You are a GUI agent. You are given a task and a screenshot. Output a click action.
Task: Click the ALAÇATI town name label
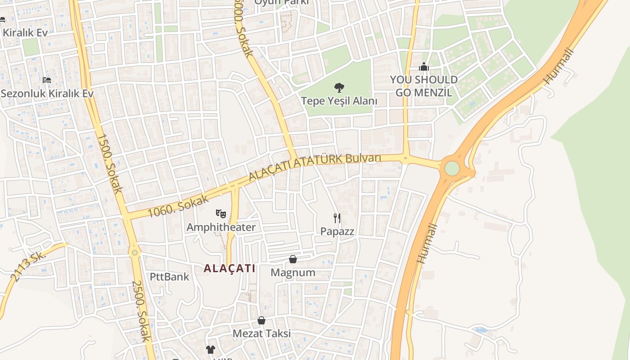(229, 269)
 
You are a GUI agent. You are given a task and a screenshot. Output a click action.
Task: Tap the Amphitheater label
(220, 227)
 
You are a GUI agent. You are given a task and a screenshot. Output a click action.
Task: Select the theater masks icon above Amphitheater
(220, 213)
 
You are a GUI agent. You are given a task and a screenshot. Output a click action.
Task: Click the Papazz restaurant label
(337, 232)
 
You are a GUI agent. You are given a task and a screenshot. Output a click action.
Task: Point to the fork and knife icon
(337, 218)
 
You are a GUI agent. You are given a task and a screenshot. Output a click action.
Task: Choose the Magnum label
(293, 273)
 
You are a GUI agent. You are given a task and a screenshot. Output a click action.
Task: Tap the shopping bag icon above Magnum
(293, 259)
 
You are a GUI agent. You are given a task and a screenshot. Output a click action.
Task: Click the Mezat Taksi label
(261, 333)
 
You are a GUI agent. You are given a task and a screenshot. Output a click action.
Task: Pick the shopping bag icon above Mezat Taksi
(261, 320)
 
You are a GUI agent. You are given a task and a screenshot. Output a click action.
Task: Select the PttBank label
(170, 276)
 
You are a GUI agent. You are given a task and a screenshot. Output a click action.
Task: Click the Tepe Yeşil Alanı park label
(339, 101)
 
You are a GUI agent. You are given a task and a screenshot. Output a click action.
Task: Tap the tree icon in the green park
(339, 87)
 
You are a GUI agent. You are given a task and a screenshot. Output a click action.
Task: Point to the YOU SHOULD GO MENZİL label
(423, 86)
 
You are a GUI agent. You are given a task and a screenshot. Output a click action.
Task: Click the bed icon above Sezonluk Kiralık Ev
(47, 80)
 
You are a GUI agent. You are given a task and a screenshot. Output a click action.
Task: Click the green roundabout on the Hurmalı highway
(452, 168)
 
